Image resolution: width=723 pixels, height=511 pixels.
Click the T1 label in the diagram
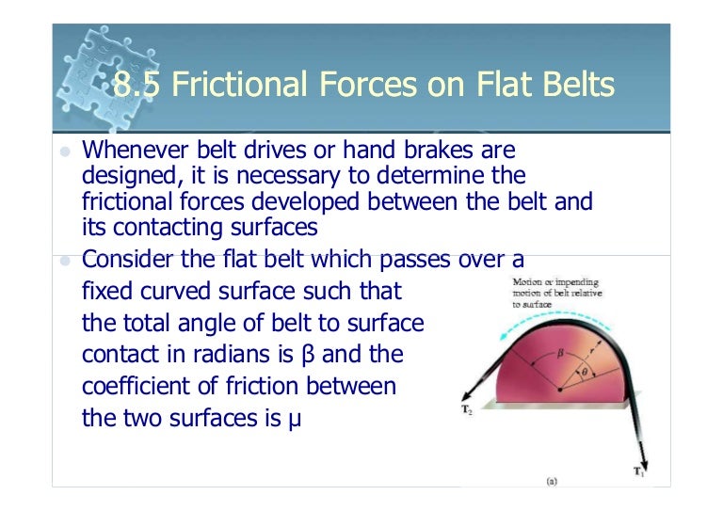pyautogui.click(x=637, y=470)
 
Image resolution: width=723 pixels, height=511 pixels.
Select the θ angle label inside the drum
pyautogui.click(x=584, y=374)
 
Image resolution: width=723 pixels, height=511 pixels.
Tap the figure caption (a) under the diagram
pyautogui.click(x=554, y=481)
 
